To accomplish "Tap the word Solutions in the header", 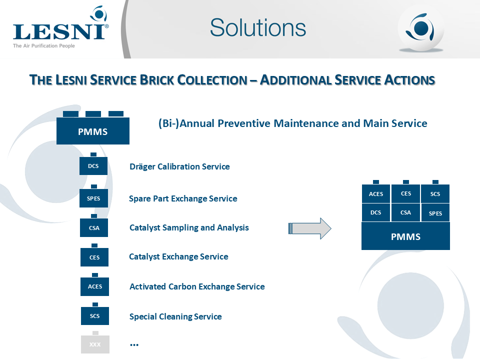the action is pos(258,27).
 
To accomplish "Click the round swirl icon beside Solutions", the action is pos(420,28).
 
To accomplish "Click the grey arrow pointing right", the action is pos(310,228).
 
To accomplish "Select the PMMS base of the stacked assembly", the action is pos(405,236).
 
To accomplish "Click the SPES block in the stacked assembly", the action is pos(435,213).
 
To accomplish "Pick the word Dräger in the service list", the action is pos(142,167).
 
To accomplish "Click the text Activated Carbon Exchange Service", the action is pos(197,286).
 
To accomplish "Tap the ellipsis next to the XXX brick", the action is pos(134,345).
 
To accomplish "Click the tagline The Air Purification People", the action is pos(44,46).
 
